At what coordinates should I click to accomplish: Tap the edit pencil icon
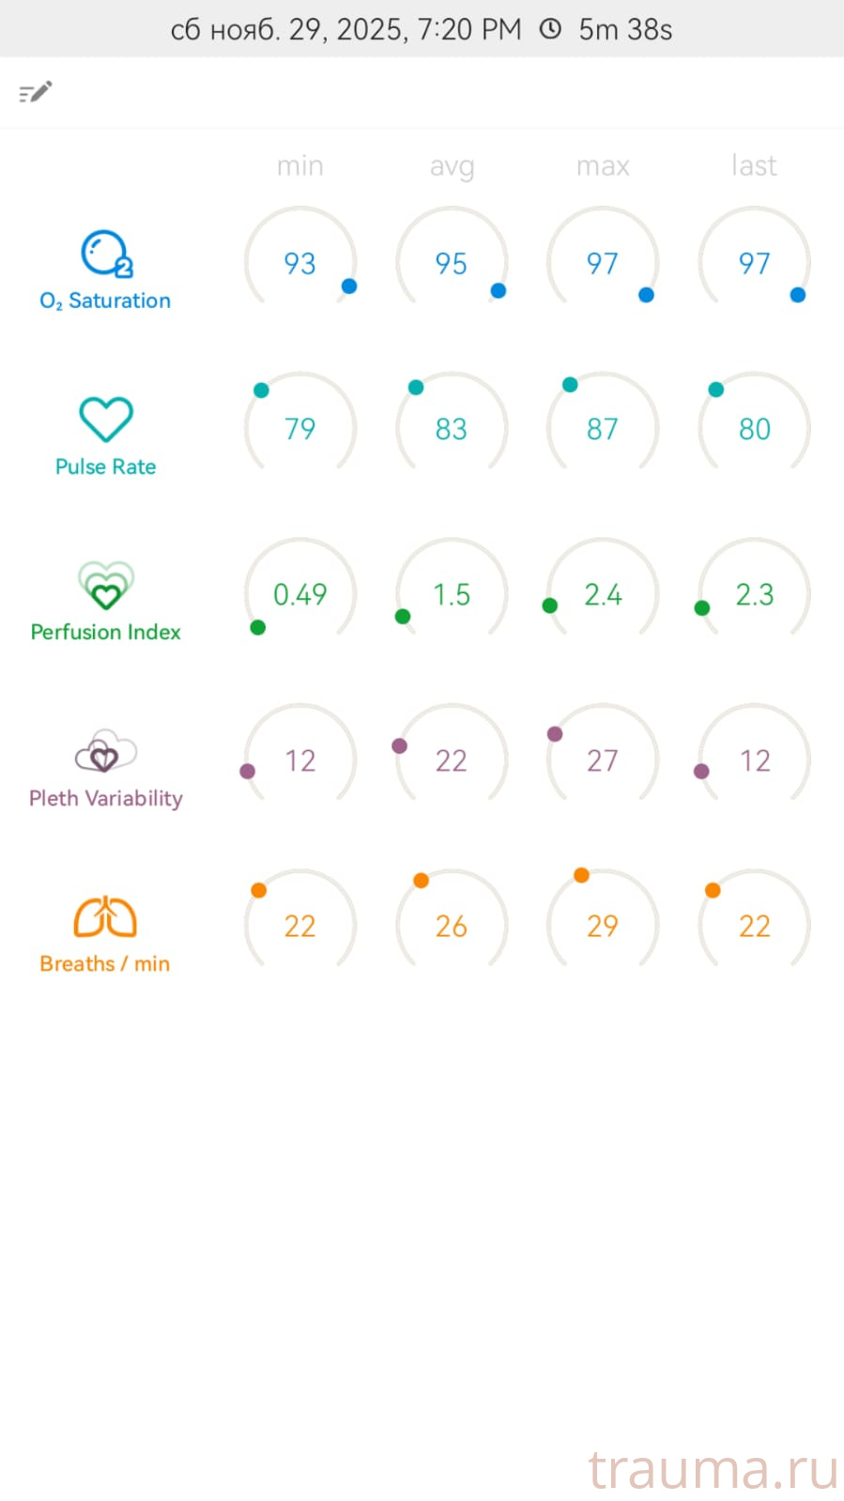36,92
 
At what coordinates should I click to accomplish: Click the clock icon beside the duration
550,29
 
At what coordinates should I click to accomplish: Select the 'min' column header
299,166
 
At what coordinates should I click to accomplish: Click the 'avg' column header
452,167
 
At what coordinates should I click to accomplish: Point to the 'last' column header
754,166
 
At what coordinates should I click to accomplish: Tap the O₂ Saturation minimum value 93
299,264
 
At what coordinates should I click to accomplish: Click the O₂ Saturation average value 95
452,264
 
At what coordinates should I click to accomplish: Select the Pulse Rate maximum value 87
603,429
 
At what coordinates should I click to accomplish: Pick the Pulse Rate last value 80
754,429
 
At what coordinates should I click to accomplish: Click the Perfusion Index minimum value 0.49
299,594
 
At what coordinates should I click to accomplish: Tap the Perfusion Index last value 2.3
754,594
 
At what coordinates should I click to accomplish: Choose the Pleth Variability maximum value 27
603,760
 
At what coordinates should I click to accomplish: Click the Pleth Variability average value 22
452,760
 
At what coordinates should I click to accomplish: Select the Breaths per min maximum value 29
603,927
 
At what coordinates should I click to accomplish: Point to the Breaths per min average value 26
452,927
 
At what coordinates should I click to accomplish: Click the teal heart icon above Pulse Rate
106,419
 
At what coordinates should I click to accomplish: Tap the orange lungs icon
105,917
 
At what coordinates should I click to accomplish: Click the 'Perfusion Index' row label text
105,632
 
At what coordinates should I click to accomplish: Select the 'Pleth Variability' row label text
105,798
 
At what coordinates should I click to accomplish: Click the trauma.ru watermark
713,1469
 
